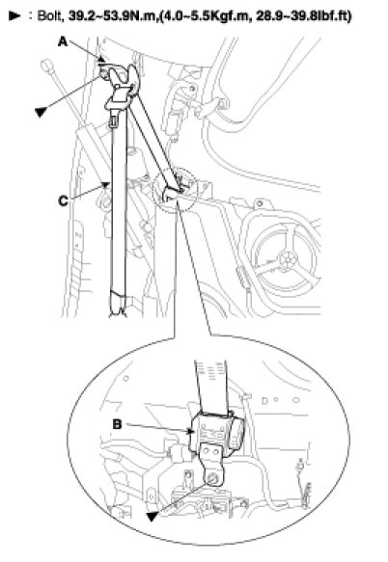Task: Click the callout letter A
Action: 63,42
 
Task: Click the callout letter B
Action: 118,424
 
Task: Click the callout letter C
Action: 63,201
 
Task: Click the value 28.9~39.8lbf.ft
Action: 304,15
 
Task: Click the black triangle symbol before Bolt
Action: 14,15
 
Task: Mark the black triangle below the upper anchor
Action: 41,112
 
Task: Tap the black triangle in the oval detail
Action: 152,516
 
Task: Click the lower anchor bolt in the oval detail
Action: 212,478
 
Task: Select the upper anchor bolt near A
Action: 105,74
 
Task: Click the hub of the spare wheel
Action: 289,258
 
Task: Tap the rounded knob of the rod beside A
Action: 47,66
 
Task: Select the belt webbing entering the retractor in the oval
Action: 211,387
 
